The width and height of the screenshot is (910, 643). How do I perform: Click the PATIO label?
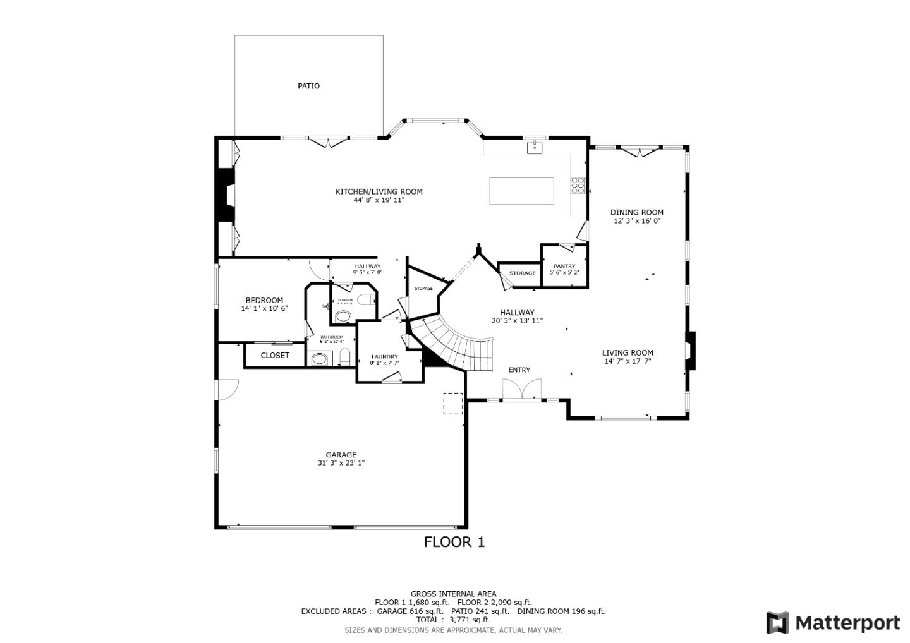308,86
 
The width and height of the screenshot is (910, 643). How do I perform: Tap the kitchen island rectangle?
521,191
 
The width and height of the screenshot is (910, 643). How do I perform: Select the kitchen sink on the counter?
535,147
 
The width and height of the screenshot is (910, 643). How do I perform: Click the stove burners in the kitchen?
578,185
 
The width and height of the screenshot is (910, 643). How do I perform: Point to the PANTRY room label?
564,267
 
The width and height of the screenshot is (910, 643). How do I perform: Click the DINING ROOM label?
636,213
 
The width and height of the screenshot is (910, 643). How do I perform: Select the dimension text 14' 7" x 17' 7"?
628,361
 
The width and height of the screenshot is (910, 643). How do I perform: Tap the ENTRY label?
519,370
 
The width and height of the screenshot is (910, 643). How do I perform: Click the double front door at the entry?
522,389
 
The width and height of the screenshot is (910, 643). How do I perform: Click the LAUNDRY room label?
384,356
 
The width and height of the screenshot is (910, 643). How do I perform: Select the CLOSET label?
275,356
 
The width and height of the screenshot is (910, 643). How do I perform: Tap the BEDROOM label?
264,301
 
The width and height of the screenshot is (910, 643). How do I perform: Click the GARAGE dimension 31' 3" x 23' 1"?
341,463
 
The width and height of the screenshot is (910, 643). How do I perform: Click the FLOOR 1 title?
454,542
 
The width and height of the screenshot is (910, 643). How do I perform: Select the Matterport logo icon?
777,623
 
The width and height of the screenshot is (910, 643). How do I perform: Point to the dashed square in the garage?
452,404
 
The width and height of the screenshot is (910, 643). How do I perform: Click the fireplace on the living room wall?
691,351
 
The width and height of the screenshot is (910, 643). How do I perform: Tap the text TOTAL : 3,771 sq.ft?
453,620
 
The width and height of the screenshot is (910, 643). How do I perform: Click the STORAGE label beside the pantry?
523,273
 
